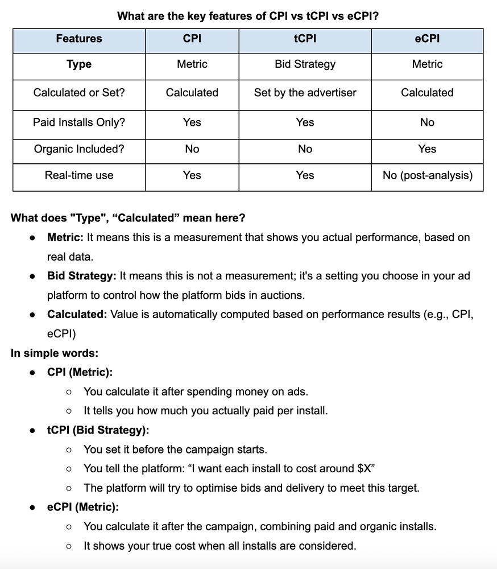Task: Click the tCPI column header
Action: (305, 39)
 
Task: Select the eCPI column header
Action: (427, 39)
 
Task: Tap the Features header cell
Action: (79, 39)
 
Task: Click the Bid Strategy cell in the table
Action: (305, 64)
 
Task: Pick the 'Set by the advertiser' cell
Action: (305, 92)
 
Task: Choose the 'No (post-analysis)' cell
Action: (427, 175)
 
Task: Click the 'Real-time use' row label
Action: (79, 175)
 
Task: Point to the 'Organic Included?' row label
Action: (79, 149)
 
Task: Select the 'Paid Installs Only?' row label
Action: (79, 122)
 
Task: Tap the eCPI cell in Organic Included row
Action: (427, 149)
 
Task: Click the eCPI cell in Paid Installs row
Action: (427, 122)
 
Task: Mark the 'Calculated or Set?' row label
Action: (79, 92)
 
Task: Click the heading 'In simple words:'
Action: (55, 353)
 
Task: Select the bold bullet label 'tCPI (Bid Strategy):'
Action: (98, 430)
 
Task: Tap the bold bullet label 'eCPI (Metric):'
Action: (83, 507)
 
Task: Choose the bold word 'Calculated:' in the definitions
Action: (77, 314)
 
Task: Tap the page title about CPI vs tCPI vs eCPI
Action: (248, 16)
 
